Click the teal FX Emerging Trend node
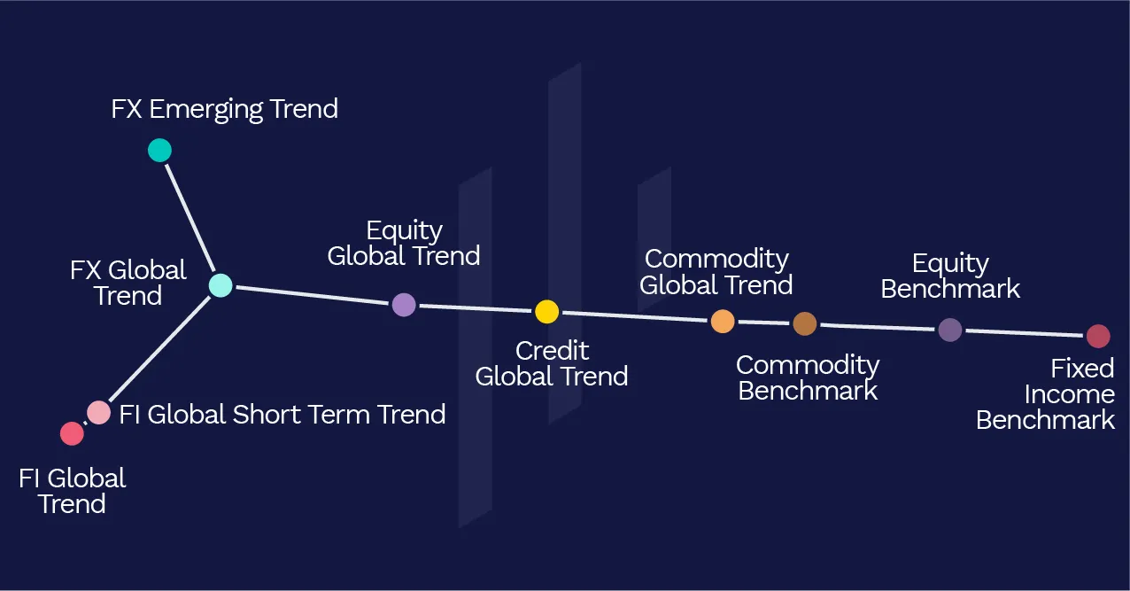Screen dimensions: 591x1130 (x=159, y=151)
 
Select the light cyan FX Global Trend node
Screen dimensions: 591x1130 (x=221, y=285)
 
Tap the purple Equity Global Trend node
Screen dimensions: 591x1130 (x=404, y=305)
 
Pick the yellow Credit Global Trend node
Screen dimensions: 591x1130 (x=546, y=311)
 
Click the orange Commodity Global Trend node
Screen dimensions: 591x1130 (x=723, y=321)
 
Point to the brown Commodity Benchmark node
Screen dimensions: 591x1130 (x=804, y=323)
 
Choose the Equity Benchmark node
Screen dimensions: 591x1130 (x=949, y=330)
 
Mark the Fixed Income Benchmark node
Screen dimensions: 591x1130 (x=1098, y=336)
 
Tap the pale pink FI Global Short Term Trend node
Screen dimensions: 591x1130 (x=99, y=412)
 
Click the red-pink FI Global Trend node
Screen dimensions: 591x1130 (x=72, y=433)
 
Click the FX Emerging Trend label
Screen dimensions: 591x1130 (x=224, y=110)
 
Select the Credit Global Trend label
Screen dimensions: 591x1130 (x=552, y=363)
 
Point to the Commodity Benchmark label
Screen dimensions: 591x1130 (x=808, y=377)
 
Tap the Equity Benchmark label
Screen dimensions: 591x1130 (x=950, y=276)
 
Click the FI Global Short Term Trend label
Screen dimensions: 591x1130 (x=282, y=414)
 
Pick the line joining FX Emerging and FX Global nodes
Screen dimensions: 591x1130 (x=190, y=218)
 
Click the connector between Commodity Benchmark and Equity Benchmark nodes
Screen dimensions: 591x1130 (x=877, y=327)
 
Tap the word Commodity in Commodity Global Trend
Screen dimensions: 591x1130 (x=716, y=260)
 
